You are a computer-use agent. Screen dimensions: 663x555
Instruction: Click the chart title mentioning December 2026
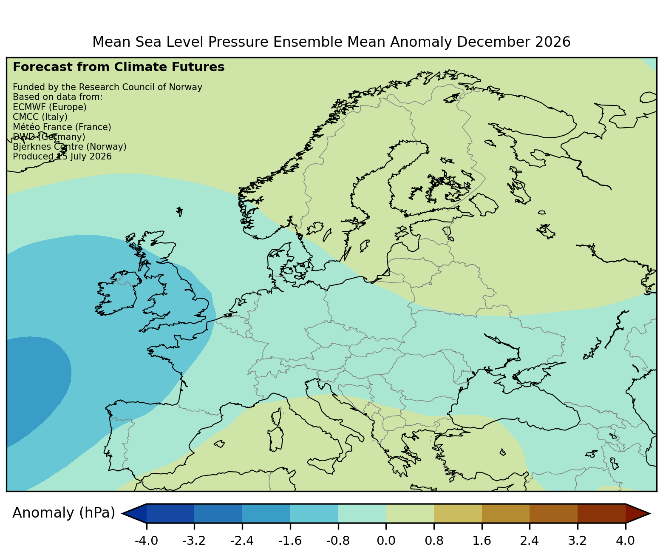(331, 42)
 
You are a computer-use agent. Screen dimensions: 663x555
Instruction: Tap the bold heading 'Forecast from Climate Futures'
(119, 67)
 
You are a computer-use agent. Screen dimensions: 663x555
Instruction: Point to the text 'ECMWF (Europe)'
(50, 107)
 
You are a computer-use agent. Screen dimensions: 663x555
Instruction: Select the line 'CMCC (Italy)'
(40, 117)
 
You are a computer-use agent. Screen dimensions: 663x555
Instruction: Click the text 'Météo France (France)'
(62, 127)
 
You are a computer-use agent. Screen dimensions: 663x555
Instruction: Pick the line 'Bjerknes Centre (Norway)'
(70, 147)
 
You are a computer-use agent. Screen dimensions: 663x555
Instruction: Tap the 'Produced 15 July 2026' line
(62, 157)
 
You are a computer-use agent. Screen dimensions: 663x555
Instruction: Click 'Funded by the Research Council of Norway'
(108, 87)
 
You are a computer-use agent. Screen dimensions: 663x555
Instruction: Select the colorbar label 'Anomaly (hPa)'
(63, 513)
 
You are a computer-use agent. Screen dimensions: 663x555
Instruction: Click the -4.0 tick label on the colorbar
(146, 541)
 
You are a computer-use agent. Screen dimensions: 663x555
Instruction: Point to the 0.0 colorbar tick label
(386, 541)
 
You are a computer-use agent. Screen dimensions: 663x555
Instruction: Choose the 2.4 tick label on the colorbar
(529, 541)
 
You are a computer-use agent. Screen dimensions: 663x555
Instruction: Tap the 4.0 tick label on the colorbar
(625, 541)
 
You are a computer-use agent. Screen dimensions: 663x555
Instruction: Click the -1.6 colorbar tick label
(290, 541)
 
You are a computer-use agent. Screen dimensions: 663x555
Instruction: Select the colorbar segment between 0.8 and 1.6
(458, 513)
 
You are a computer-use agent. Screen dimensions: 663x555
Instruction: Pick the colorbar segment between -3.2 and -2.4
(218, 513)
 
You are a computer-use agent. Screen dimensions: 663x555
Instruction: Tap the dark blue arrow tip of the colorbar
(134, 513)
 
